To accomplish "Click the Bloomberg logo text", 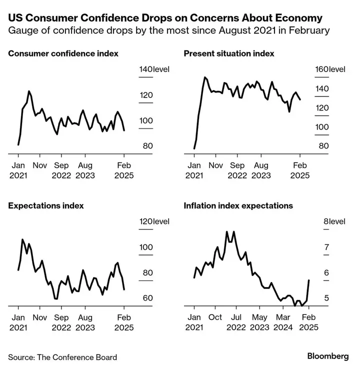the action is (x=328, y=356).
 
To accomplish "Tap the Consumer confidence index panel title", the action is (x=63, y=53).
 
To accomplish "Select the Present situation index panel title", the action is (x=229, y=53).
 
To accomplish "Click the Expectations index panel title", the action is (x=46, y=205).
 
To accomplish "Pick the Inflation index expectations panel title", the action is (x=238, y=205).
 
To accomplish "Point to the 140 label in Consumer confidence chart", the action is (x=146, y=69).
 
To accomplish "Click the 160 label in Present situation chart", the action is (x=322, y=69).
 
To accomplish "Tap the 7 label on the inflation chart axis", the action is (x=326, y=247).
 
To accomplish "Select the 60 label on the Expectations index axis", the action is (x=147, y=298).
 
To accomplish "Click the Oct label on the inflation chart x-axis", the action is (x=215, y=317).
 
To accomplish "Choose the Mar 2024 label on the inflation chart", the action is (x=283, y=322).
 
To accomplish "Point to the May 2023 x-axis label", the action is (x=259, y=322).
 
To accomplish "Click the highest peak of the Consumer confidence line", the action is (x=29, y=91).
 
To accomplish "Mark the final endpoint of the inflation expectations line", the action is (x=309, y=280).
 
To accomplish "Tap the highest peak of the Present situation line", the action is (x=204, y=77).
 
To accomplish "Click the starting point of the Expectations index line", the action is (x=18, y=270).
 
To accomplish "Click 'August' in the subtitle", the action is (x=234, y=31).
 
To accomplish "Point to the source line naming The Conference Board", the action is (x=62, y=357).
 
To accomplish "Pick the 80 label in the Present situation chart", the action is (x=323, y=145).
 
